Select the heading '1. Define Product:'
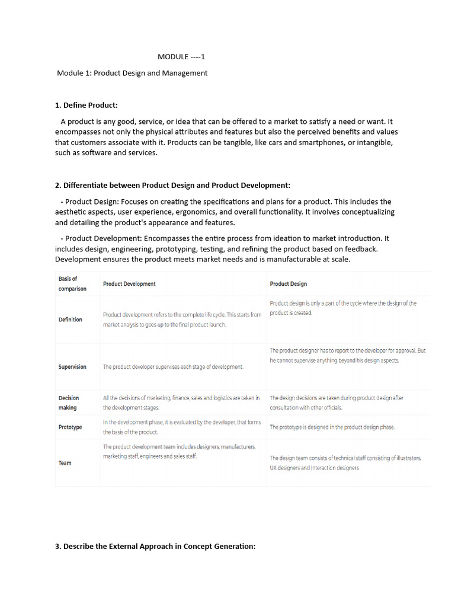coord(86,105)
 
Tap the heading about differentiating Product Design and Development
coord(172,185)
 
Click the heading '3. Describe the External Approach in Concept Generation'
coord(155,546)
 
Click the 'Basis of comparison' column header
coord(72,283)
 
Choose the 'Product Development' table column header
coord(129,284)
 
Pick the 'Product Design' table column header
coord(289,284)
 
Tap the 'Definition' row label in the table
coord(71,320)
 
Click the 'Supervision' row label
coord(72,367)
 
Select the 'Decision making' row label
coord(68,402)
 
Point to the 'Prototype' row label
coord(71,427)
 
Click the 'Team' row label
coord(65,463)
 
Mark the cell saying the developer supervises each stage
coord(173,367)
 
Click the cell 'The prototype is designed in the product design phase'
coord(332,427)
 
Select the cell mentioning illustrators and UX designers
coord(345,462)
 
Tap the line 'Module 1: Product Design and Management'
coord(132,73)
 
